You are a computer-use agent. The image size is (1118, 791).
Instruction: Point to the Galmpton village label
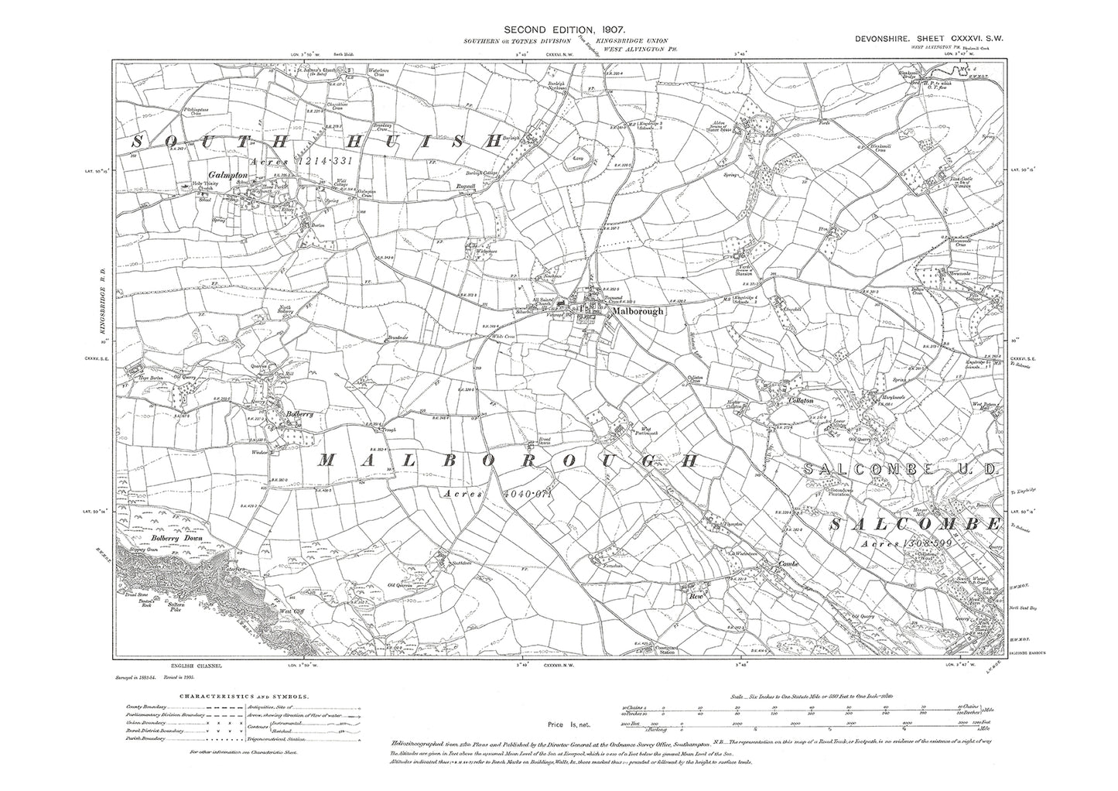(226, 175)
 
